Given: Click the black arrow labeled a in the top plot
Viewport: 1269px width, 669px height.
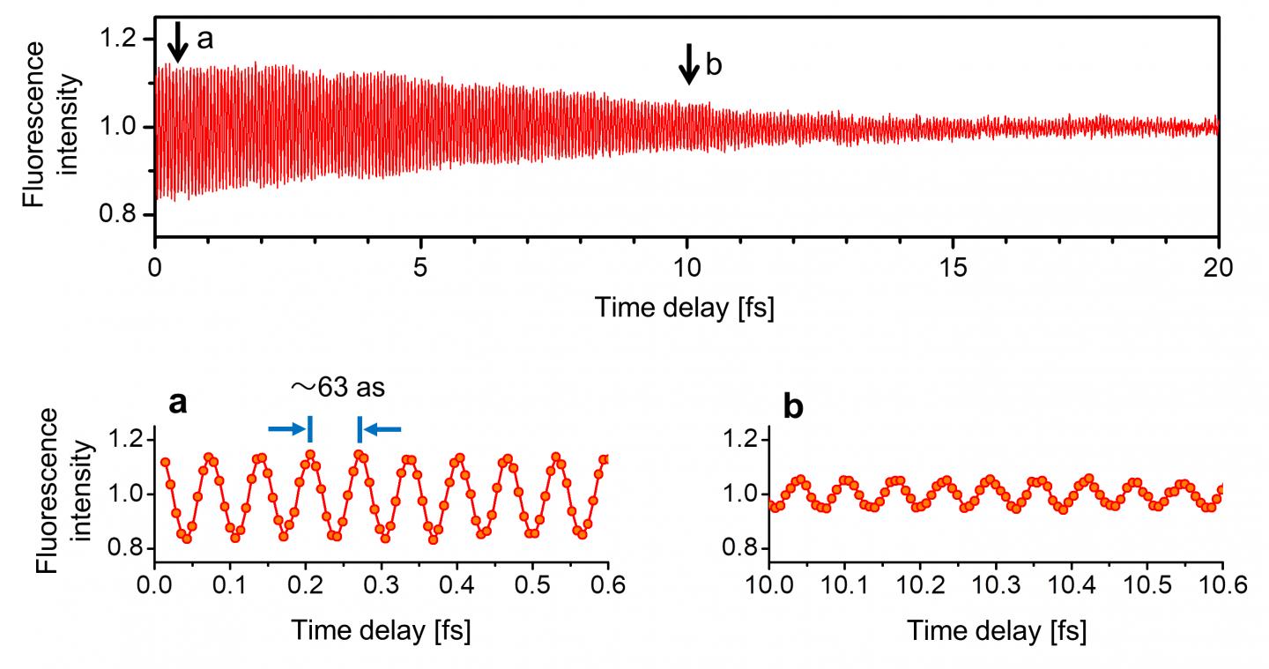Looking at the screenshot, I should tap(178, 41).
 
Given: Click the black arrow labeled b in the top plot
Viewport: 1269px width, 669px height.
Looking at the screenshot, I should tap(688, 64).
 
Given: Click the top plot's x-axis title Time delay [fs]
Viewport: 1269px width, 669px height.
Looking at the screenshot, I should tap(685, 308).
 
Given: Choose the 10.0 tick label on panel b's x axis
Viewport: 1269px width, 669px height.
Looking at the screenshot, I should tap(769, 586).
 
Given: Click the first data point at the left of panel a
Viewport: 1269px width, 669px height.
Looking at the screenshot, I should tap(165, 462).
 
